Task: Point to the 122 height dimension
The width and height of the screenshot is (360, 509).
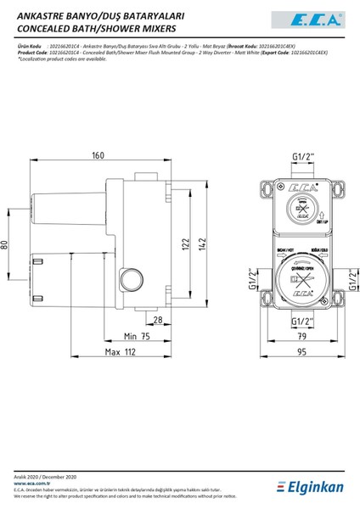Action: coord(183,245)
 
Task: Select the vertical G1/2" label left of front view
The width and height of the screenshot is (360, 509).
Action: coord(251,279)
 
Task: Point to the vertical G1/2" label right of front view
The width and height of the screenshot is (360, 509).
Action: coord(351,279)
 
